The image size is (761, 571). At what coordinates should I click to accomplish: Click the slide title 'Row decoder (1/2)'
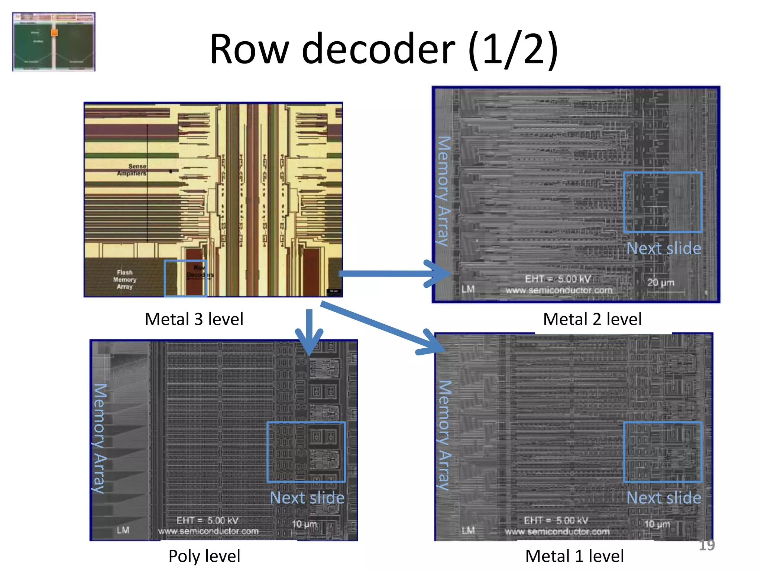pos(383,49)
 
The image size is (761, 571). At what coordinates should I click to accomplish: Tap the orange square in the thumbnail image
pos(54,33)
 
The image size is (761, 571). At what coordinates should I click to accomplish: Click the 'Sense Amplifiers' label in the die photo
pos(132,170)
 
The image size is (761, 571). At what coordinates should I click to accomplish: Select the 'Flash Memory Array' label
pos(125,280)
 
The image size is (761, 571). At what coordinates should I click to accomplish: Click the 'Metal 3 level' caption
pos(194,319)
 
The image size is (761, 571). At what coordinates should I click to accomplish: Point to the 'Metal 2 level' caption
pos(592,319)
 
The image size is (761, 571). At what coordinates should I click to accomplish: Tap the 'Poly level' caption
pos(204,556)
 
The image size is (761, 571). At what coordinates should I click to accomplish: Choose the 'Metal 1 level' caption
pos(574,556)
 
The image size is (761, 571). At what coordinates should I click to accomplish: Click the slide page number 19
pos(706,545)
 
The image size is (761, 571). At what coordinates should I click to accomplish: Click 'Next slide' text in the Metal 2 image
pos(664,248)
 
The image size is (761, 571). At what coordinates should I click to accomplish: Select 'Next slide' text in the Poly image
pos(307,498)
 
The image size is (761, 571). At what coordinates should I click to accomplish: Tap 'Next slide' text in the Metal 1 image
pos(664,498)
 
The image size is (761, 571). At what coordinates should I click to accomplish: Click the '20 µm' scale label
pos(661,283)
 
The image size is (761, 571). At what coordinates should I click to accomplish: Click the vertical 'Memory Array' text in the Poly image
pos(100,439)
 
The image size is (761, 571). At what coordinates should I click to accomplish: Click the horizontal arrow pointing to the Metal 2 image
pos(394,274)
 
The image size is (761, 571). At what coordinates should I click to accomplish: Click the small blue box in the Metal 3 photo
pos(185,278)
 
